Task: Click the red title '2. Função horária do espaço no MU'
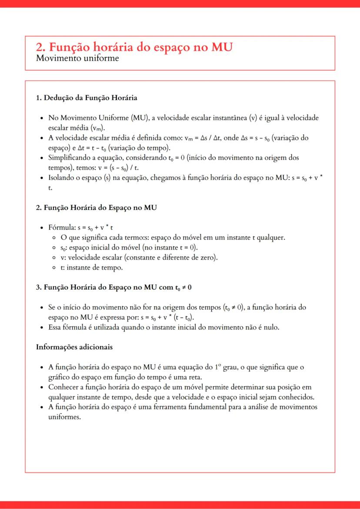134,47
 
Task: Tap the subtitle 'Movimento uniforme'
77,58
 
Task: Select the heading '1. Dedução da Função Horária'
87,98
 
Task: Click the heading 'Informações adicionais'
74,347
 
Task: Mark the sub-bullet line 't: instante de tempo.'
92,268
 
